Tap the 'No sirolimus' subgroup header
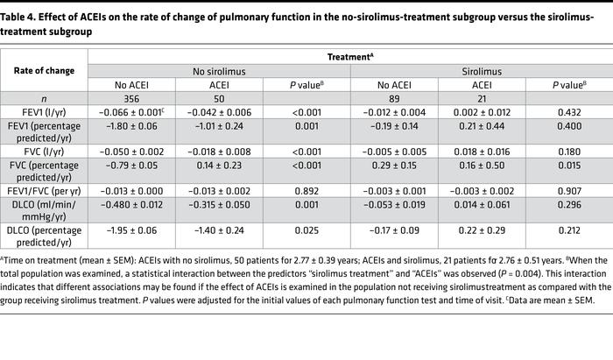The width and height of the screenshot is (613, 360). click(x=219, y=70)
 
